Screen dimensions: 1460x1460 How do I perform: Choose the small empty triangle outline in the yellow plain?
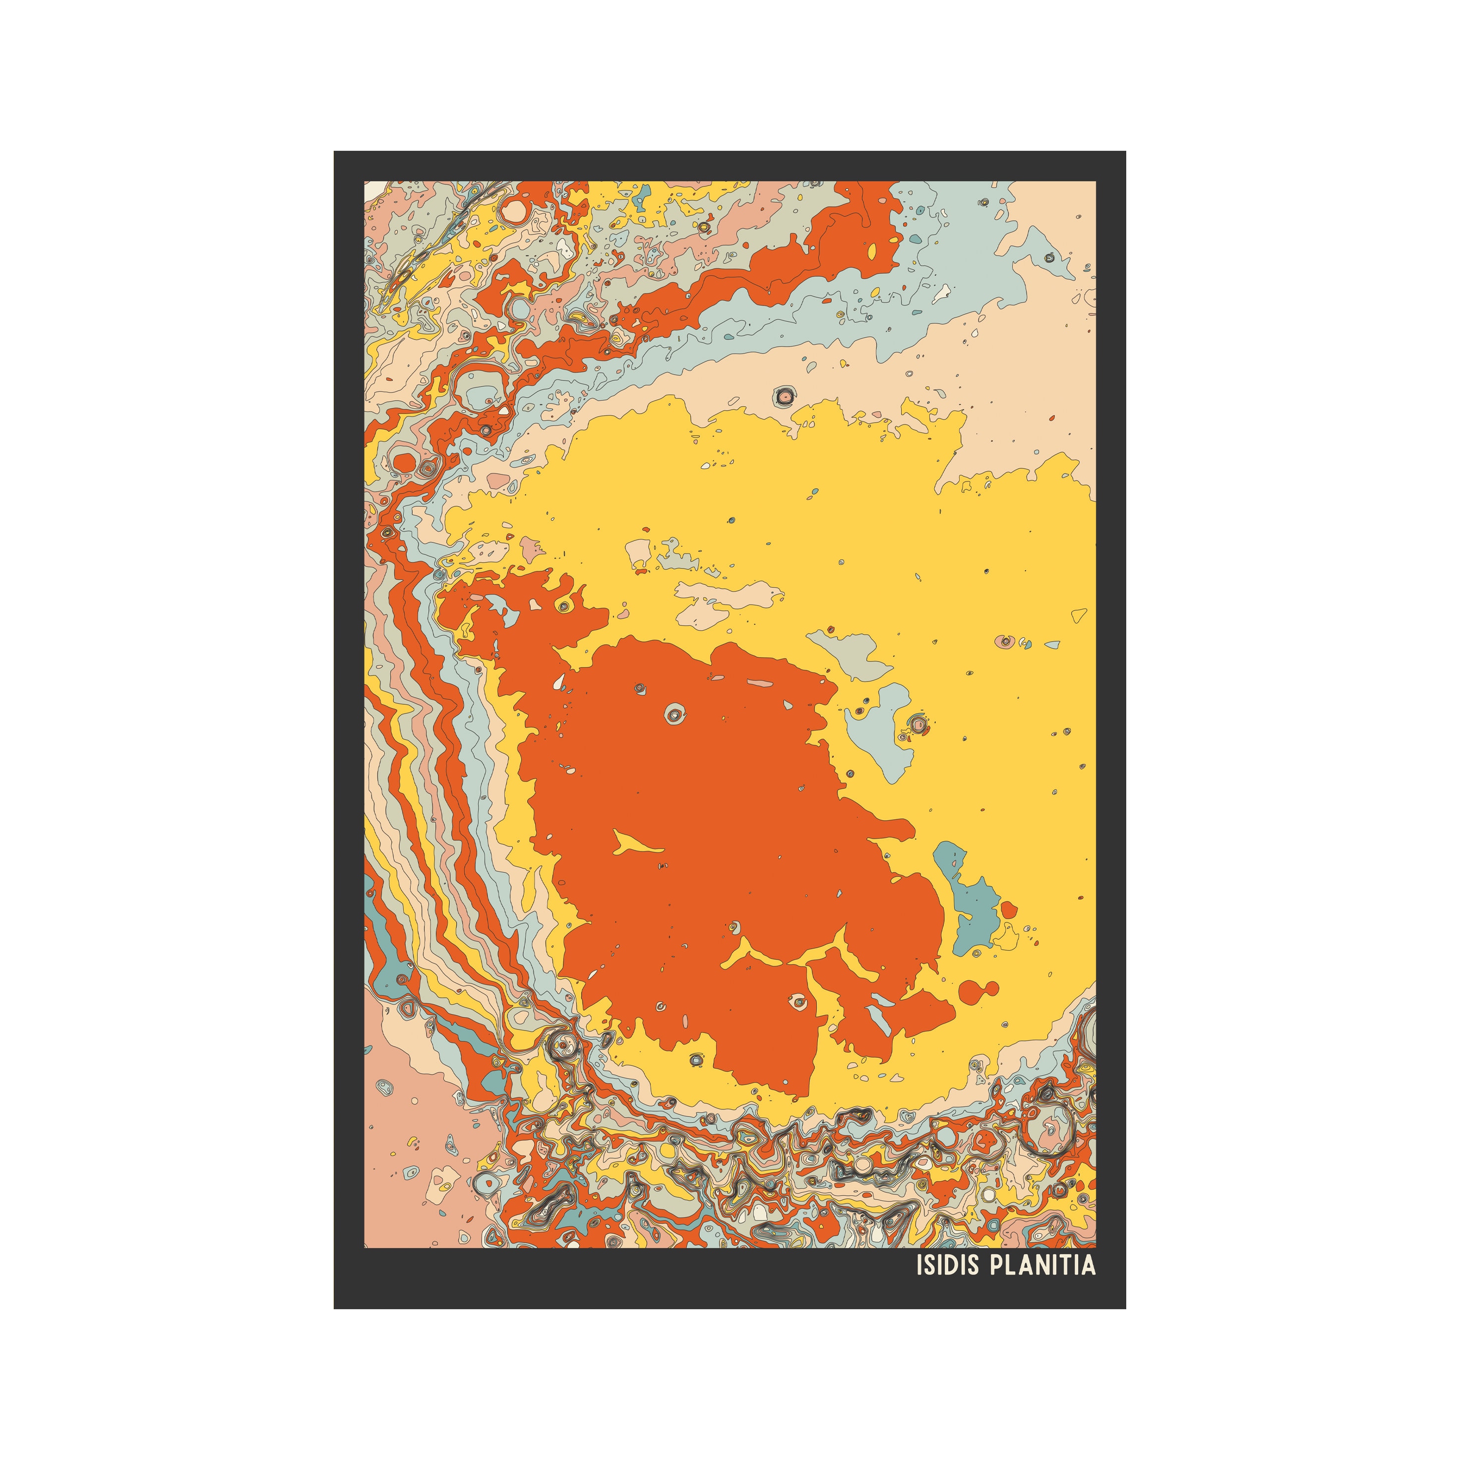[1079, 616]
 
